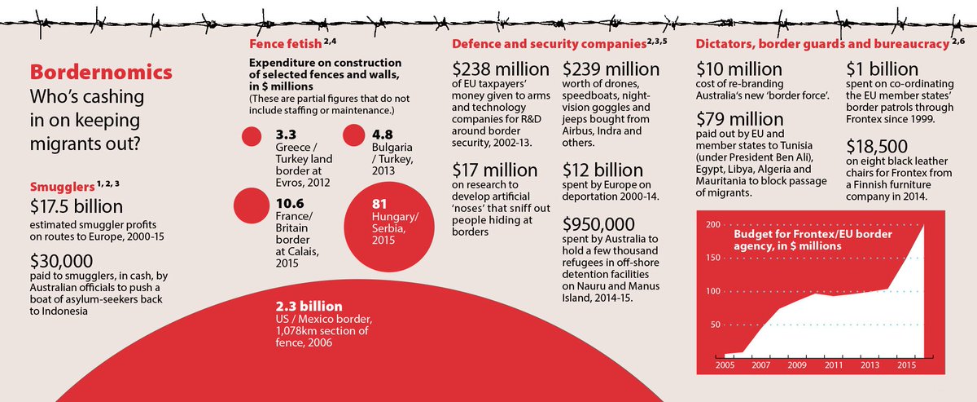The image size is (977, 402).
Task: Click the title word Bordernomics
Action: [100, 71]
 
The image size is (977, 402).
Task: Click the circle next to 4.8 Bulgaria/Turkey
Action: [355, 135]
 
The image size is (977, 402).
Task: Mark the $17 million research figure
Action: [495, 170]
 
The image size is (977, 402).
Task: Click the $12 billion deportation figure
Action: [603, 170]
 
